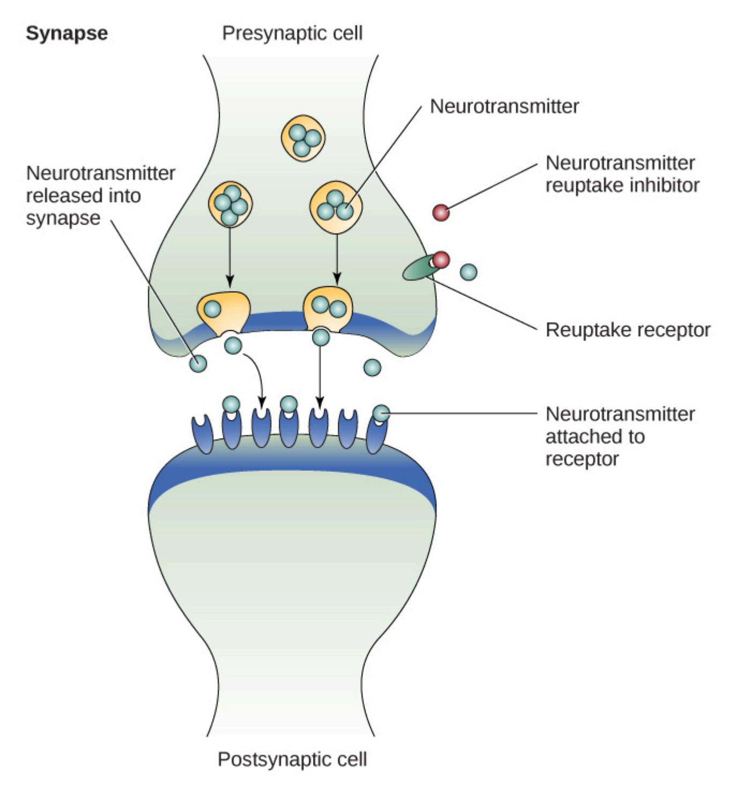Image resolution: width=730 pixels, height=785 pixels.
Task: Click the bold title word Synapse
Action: (x=66, y=33)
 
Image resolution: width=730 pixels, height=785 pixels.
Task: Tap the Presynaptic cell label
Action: (x=292, y=33)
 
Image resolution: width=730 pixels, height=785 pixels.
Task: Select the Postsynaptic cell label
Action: (x=292, y=759)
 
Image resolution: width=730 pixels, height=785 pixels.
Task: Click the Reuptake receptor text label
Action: (x=628, y=330)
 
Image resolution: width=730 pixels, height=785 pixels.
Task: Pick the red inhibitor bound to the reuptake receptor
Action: (x=441, y=260)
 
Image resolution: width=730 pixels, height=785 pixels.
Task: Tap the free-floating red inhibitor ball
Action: (x=441, y=213)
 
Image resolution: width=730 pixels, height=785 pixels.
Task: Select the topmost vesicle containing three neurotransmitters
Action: (x=303, y=136)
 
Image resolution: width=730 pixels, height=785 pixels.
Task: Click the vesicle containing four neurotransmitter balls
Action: (x=230, y=204)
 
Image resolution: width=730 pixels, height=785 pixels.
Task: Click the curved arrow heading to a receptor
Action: (x=256, y=375)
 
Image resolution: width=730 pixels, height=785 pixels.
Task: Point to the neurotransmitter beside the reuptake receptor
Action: (x=468, y=272)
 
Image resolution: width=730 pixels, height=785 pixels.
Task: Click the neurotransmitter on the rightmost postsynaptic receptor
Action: (x=381, y=413)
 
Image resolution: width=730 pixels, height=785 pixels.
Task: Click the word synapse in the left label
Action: (x=63, y=218)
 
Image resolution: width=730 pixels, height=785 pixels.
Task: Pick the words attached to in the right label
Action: (x=595, y=436)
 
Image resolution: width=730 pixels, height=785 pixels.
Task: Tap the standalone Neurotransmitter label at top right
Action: (x=504, y=106)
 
